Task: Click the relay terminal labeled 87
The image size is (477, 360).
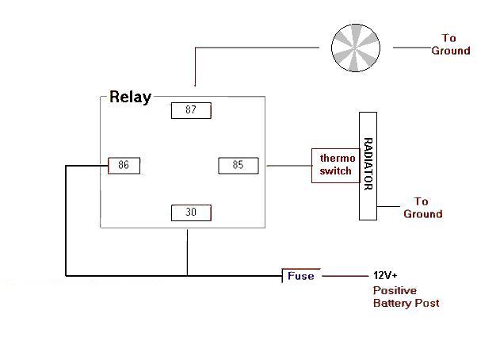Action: pyautogui.click(x=191, y=110)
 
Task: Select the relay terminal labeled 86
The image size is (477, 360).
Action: pyautogui.click(x=124, y=166)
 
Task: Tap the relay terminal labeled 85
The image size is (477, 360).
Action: pyautogui.click(x=238, y=166)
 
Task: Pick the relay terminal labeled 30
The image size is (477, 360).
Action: pyautogui.click(x=191, y=213)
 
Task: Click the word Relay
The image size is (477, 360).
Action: pyautogui.click(x=130, y=98)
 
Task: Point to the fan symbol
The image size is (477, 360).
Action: pyautogui.click(x=355, y=48)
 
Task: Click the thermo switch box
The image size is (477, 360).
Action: pyautogui.click(x=334, y=165)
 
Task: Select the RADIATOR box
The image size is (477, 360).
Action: pyautogui.click(x=368, y=165)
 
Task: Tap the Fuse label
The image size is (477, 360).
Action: pyautogui.click(x=300, y=276)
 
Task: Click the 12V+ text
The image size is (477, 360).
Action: pyautogui.click(x=387, y=276)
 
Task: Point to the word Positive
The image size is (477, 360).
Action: pyautogui.click(x=395, y=290)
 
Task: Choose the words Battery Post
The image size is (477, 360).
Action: pyautogui.click(x=406, y=303)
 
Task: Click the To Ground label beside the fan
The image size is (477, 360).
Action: pyautogui.click(x=450, y=44)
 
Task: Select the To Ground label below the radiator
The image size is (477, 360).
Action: pyautogui.click(x=422, y=208)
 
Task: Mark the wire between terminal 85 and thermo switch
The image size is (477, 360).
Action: pyautogui.click(x=288, y=166)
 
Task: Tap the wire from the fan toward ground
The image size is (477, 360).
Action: pyautogui.click(x=410, y=48)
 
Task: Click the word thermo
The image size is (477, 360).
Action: pyautogui.click(x=334, y=158)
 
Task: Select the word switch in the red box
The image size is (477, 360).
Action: pyautogui.click(x=335, y=171)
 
